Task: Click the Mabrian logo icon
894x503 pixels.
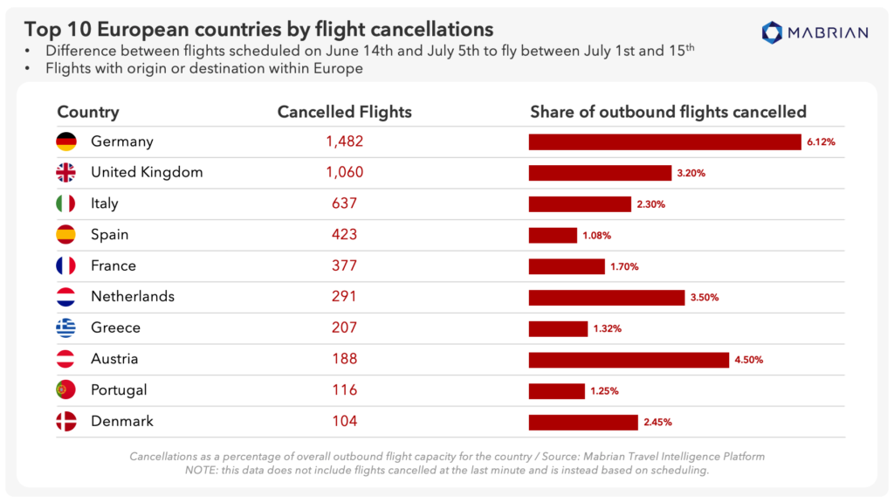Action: (x=773, y=33)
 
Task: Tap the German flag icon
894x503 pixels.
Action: (x=66, y=141)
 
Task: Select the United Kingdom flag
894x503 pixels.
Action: (x=66, y=173)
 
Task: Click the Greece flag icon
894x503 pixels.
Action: (x=66, y=328)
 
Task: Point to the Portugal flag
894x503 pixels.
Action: (x=66, y=390)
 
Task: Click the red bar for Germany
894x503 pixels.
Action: (x=664, y=141)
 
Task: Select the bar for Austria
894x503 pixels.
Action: (x=629, y=359)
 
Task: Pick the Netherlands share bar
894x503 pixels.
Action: (x=606, y=297)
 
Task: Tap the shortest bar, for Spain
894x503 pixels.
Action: (x=553, y=235)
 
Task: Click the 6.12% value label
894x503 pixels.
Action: (x=821, y=142)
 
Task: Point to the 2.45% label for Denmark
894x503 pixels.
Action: (x=657, y=422)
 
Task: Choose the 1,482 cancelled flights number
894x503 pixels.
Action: (x=344, y=141)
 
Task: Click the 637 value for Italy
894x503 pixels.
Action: (x=344, y=203)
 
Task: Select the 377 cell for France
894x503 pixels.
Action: (x=344, y=265)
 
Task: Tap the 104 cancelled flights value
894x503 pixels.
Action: (x=344, y=421)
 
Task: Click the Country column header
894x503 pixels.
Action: (x=88, y=112)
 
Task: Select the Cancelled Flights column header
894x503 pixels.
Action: (x=344, y=112)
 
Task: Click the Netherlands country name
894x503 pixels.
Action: (x=133, y=297)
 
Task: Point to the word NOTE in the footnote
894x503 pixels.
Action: (x=200, y=469)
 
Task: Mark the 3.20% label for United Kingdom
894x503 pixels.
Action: (x=691, y=173)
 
